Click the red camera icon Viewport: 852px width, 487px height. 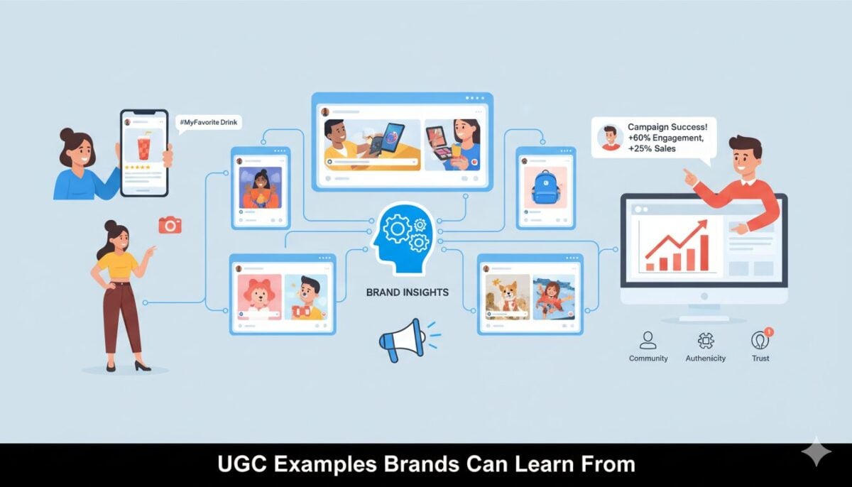170,225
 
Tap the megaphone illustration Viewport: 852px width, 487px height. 409,339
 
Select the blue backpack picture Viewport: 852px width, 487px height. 545,187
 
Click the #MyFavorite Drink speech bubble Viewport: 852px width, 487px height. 209,123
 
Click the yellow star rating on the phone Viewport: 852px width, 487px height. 137,168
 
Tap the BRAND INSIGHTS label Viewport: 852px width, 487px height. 408,292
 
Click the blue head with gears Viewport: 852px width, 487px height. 403,238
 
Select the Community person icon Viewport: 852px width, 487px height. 648,340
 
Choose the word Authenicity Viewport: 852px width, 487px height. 706,358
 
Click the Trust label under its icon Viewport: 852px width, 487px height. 760,358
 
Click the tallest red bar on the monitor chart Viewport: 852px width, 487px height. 704,253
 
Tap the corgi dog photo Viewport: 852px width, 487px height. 508,297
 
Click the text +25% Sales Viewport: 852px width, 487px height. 652,148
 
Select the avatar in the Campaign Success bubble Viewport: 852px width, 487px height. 610,138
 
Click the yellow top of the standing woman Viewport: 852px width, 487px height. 118,265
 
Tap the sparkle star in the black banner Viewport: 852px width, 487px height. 816,452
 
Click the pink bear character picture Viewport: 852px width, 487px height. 259,297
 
